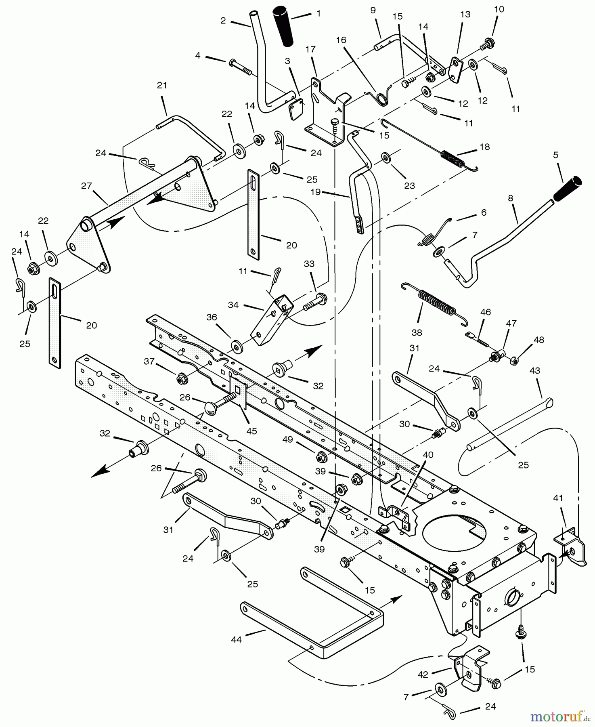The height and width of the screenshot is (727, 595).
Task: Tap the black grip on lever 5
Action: pyautogui.click(x=568, y=188)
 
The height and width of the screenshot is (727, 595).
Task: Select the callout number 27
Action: pyautogui.click(x=86, y=186)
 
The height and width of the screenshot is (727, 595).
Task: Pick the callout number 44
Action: pyautogui.click(x=236, y=639)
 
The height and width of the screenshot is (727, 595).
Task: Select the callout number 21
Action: pyautogui.click(x=162, y=85)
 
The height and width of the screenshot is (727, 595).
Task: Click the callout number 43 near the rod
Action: pyautogui.click(x=534, y=370)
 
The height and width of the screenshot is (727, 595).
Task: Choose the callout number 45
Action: pyautogui.click(x=251, y=431)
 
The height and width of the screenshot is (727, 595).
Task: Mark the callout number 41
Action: pyautogui.click(x=558, y=498)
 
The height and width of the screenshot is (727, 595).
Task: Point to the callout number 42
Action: pyautogui.click(x=423, y=674)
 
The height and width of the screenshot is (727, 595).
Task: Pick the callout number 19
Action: pyautogui.click(x=315, y=191)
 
